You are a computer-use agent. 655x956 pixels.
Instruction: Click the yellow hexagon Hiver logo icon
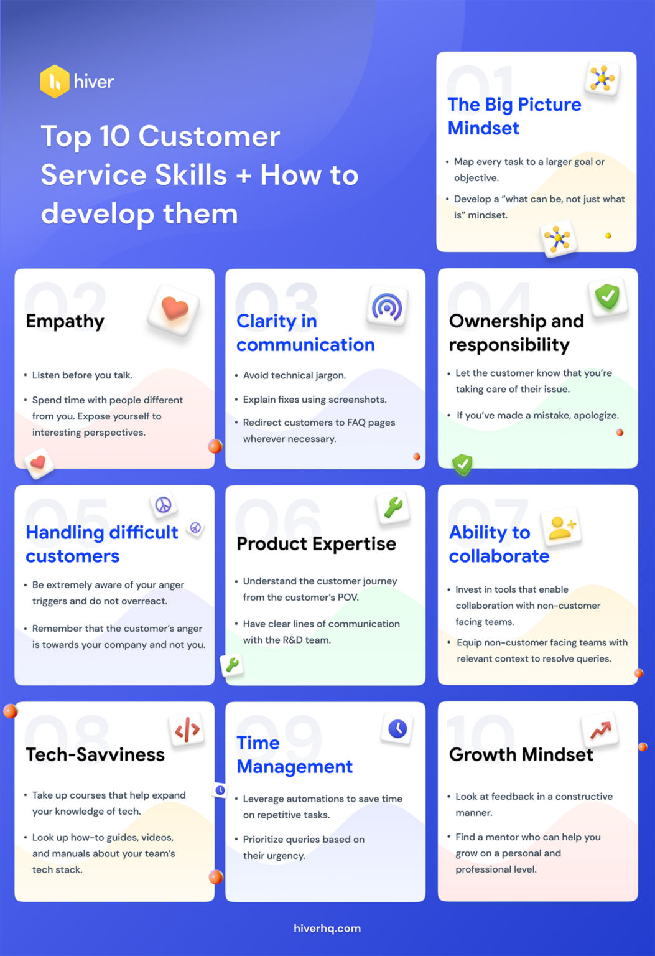[x=55, y=82]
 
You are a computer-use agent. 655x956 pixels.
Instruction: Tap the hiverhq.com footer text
[x=327, y=928]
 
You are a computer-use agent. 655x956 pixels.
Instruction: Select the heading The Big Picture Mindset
[x=514, y=116]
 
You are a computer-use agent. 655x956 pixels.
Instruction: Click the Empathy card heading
[x=65, y=321]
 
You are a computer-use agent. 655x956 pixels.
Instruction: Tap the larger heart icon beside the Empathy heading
[x=174, y=309]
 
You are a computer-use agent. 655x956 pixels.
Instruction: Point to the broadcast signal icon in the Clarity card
[x=387, y=307]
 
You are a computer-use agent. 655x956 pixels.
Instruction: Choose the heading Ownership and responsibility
[x=516, y=333]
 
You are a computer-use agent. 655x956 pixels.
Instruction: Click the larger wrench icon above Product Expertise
[x=393, y=508]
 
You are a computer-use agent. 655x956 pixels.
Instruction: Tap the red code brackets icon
[x=187, y=729]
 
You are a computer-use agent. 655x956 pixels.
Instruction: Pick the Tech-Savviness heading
[x=95, y=755]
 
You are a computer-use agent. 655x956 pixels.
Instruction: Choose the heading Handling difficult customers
[x=102, y=544]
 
